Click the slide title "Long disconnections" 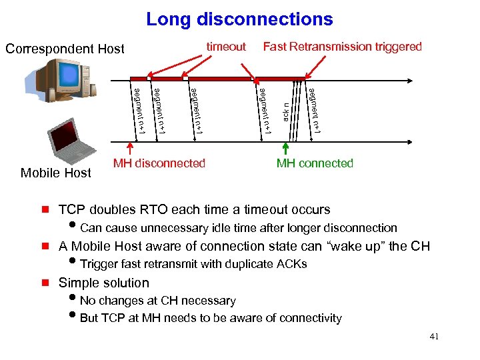(x=239, y=19)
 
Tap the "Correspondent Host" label (x=65, y=49)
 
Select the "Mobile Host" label (x=56, y=173)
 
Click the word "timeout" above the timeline (x=226, y=47)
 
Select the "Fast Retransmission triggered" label (x=342, y=47)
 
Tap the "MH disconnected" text (x=159, y=163)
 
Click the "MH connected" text (x=315, y=163)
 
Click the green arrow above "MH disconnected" (x=130, y=149)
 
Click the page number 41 (x=433, y=337)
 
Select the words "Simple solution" (x=104, y=283)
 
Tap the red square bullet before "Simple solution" (x=45, y=283)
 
